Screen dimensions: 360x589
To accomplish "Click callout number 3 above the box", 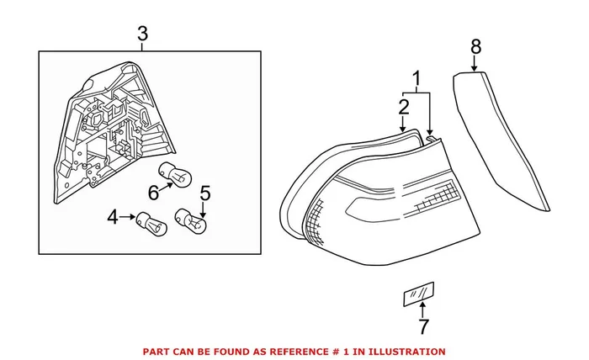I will pyautogui.click(x=142, y=34).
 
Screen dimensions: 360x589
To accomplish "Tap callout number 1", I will pyautogui.click(x=415, y=81).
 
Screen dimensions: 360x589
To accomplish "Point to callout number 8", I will pyautogui.click(x=475, y=46).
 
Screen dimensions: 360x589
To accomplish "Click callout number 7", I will pyautogui.click(x=423, y=326).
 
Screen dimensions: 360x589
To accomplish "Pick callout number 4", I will pyautogui.click(x=114, y=218).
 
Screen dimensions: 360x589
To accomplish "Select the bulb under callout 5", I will pyautogui.click(x=189, y=220).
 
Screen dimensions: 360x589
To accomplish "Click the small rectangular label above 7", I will pyautogui.click(x=417, y=294).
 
